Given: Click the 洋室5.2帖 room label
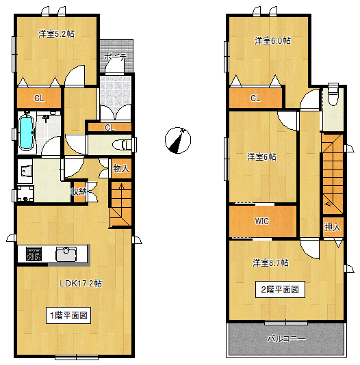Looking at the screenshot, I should pos(56,33).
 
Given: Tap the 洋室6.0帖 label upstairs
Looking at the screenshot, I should pos(272,40).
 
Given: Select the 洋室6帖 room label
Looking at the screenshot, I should pos(262,157).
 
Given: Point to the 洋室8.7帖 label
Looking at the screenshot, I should pos(270,262).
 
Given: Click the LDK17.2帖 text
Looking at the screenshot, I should pos(81,283).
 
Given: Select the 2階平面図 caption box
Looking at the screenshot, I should pos(279,289).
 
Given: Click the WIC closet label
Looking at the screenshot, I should pos(262,221).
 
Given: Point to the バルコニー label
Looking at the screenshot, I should pos(286,338).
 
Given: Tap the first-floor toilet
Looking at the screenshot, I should pos(121,145).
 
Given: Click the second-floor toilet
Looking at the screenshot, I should pos(333,96).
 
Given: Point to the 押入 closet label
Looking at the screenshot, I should pos(333,227).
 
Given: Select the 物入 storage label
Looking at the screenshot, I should pos(120,168).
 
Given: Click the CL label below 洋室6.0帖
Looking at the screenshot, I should pos(255,98).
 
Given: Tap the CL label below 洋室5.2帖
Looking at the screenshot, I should pos(39,98).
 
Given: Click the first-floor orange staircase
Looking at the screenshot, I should pos(120,206).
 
